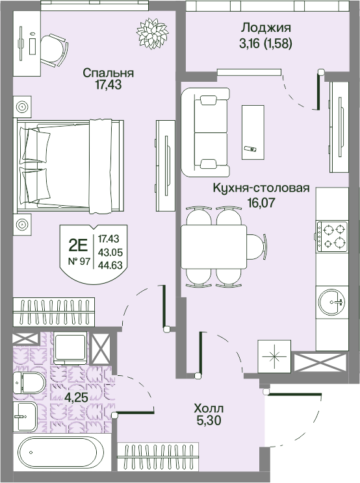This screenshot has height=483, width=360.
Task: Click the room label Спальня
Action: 108,73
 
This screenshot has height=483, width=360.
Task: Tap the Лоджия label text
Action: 266,28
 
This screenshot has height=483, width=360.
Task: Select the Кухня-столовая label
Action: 261,188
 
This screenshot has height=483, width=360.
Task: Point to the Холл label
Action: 209,409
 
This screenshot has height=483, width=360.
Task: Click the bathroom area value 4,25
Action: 77,397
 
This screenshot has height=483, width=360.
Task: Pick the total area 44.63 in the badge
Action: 110,265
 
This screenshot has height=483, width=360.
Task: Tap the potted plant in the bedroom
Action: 152,34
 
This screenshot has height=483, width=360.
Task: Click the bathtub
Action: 58,452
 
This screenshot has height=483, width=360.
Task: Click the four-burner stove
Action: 332,235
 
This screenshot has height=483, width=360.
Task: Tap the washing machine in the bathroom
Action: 70,348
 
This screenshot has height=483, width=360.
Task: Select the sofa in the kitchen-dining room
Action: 205,132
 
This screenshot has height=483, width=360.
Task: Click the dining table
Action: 214,247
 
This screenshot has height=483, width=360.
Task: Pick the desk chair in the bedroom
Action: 55,49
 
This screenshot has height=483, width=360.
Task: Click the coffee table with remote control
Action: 253,132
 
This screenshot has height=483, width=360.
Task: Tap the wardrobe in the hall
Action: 158,458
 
